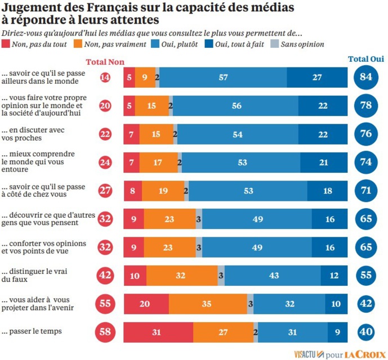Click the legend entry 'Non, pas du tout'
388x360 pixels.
(x=36, y=44)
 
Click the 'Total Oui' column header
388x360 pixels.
(x=366, y=59)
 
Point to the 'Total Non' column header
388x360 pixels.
(x=105, y=62)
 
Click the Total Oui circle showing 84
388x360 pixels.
(x=366, y=77)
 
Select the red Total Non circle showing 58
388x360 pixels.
(x=105, y=332)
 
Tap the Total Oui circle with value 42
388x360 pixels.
(x=366, y=304)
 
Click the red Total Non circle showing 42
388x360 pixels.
(x=105, y=275)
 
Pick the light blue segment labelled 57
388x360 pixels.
(x=223, y=77)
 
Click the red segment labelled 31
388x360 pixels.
(x=158, y=332)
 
